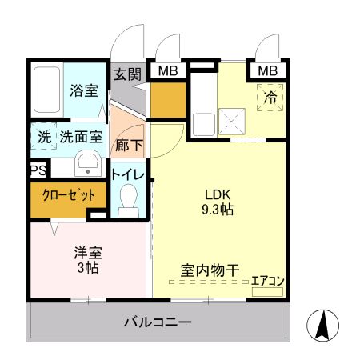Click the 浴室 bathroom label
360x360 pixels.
point(83,90)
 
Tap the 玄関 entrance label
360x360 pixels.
point(126,74)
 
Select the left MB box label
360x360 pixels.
point(167,71)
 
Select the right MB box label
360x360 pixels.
point(267,71)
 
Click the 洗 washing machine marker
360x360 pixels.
point(44,137)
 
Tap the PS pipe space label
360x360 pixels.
point(38,170)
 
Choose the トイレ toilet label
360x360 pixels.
point(128,174)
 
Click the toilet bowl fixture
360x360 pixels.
point(128,199)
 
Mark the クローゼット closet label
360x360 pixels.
point(68,194)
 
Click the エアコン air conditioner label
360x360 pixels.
point(268,280)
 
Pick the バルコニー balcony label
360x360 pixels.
point(158,322)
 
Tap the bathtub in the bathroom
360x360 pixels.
point(48,91)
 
